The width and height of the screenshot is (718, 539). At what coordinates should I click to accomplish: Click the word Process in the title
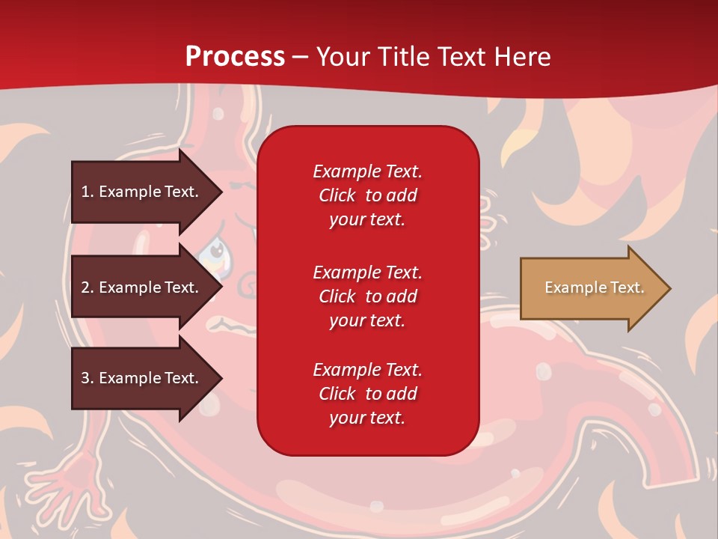pyautogui.click(x=235, y=57)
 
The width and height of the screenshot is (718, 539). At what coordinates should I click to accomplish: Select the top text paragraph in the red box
pyautogui.click(x=367, y=195)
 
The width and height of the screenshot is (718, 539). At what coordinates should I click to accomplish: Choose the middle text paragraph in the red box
pyautogui.click(x=367, y=296)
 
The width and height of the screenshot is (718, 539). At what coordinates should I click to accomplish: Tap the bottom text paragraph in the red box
pyautogui.click(x=367, y=394)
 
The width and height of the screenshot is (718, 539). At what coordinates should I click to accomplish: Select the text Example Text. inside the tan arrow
pyautogui.click(x=595, y=287)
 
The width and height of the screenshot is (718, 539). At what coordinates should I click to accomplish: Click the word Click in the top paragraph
pyautogui.click(x=337, y=195)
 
